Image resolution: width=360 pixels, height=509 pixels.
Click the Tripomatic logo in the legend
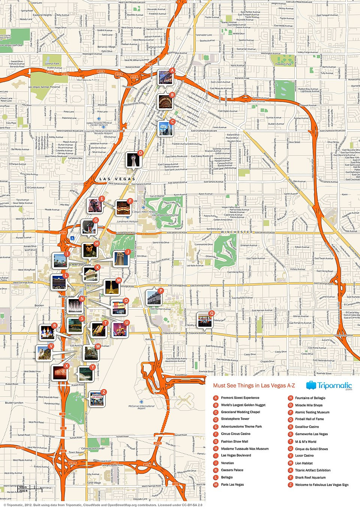(329, 386)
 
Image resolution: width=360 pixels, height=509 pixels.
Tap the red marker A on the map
(172, 70)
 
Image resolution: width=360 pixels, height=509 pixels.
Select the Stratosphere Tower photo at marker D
(133, 160)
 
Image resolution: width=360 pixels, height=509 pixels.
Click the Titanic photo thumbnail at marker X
(60, 372)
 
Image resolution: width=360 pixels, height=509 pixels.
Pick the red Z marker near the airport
(104, 392)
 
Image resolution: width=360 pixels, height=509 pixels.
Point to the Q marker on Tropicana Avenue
(211, 313)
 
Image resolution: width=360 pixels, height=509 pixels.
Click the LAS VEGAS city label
(117, 179)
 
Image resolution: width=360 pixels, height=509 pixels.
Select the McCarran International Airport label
(141, 407)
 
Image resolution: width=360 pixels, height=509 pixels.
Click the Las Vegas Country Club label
(165, 215)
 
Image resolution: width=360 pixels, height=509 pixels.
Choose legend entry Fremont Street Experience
(240, 398)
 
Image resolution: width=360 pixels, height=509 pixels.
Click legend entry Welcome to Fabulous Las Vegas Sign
(321, 485)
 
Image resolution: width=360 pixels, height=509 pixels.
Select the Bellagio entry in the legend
(227, 477)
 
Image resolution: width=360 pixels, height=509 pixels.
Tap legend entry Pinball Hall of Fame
(309, 419)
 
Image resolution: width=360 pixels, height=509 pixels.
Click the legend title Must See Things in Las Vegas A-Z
(254, 386)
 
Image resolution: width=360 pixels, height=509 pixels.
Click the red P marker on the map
(160, 290)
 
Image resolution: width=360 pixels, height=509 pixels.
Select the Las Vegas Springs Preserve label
(44, 87)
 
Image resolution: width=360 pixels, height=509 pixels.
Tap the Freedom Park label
(283, 64)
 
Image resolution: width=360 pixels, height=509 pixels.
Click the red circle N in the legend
(290, 398)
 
